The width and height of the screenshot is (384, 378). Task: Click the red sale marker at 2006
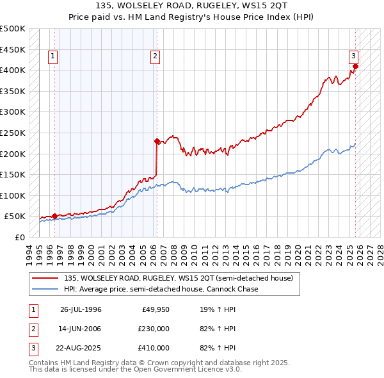pyautogui.click(x=157, y=141)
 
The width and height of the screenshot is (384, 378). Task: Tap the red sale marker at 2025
pyautogui.click(x=355, y=66)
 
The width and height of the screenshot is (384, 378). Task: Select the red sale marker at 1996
pyautogui.click(x=54, y=216)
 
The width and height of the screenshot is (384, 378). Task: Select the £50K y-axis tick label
pyautogui.click(x=15, y=217)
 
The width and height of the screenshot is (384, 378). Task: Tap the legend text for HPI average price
pyautogui.click(x=161, y=289)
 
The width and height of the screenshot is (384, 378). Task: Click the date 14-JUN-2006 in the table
pyautogui.click(x=81, y=329)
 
